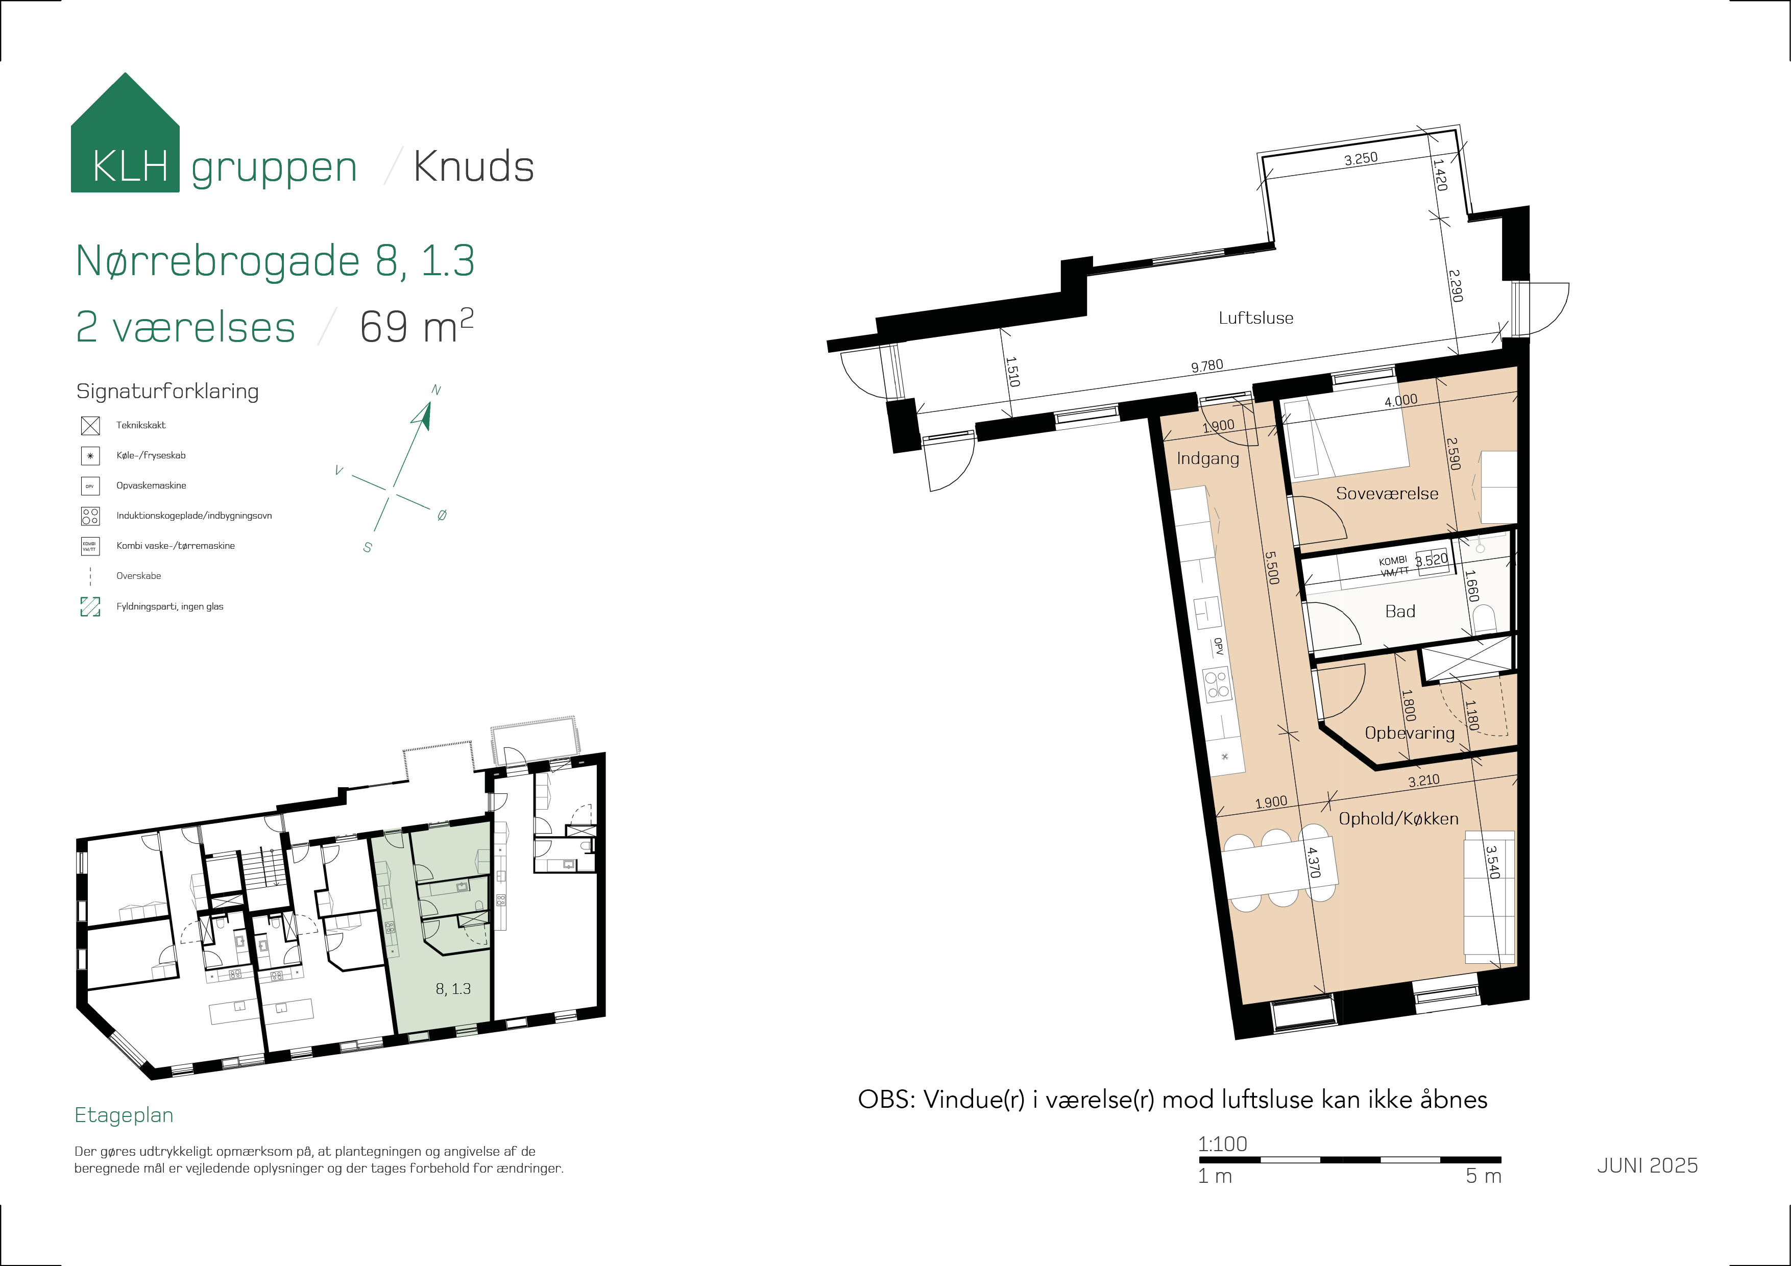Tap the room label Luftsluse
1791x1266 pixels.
pyautogui.click(x=1256, y=318)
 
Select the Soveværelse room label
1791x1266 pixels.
pyautogui.click(x=1387, y=493)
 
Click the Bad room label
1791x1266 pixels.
pyautogui.click(x=1400, y=612)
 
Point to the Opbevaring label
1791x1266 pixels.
pyautogui.click(x=1410, y=733)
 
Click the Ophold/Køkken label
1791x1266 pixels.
pyautogui.click(x=1398, y=818)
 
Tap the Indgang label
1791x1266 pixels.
pyautogui.click(x=1207, y=458)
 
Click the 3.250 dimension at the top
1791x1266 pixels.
pyautogui.click(x=1361, y=158)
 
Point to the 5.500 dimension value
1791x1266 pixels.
pyautogui.click(x=1271, y=568)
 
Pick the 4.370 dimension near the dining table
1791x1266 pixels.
pyautogui.click(x=1314, y=863)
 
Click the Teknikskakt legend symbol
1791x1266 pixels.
pyautogui.click(x=90, y=426)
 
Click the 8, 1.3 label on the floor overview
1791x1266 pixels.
pyautogui.click(x=453, y=989)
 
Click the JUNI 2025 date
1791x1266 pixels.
pyautogui.click(x=1648, y=1165)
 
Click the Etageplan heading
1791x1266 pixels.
pyautogui.click(x=124, y=1115)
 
